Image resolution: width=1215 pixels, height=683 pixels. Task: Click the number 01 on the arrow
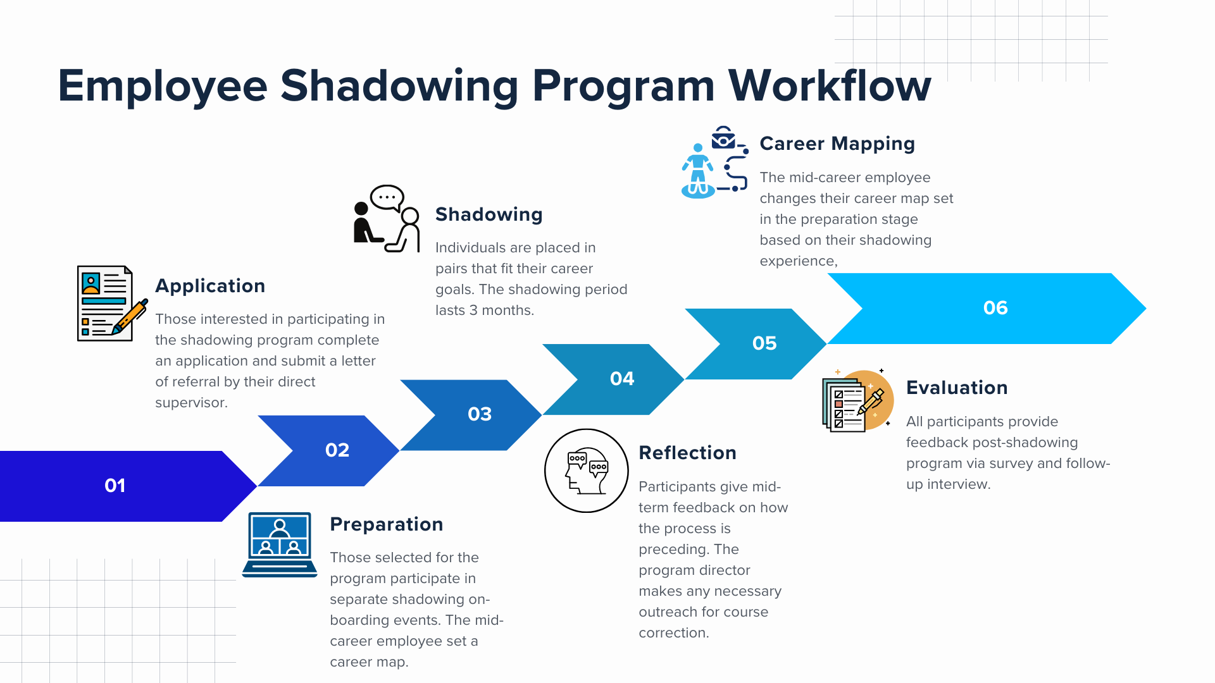click(115, 486)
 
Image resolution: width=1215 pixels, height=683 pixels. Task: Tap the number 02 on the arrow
click(337, 450)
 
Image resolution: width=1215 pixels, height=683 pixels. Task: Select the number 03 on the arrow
click(480, 414)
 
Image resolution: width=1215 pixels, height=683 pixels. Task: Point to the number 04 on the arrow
click(622, 379)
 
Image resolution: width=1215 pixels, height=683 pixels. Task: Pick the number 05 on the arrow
click(764, 343)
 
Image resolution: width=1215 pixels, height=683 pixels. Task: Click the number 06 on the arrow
click(995, 308)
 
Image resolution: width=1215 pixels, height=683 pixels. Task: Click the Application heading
click(210, 286)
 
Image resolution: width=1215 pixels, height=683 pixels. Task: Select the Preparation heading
click(386, 524)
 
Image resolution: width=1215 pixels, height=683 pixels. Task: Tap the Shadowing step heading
click(489, 214)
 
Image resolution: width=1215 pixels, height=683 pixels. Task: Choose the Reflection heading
click(687, 453)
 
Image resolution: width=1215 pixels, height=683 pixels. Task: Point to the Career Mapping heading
click(837, 144)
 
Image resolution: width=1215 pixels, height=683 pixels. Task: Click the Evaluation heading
click(957, 388)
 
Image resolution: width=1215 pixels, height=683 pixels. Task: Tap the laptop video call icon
click(280, 545)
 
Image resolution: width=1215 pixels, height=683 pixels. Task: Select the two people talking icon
click(387, 219)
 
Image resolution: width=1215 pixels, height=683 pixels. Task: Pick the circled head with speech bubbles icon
click(587, 471)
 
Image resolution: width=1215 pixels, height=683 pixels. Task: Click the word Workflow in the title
click(830, 85)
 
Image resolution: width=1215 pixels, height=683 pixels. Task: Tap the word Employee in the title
click(163, 85)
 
